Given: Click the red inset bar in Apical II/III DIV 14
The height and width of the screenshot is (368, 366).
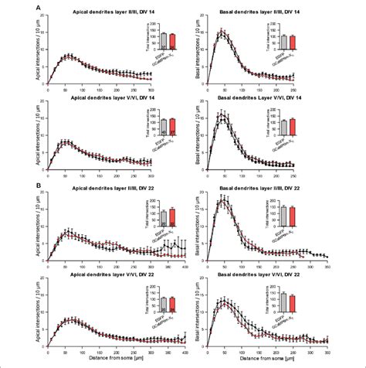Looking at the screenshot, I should (x=172, y=41).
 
